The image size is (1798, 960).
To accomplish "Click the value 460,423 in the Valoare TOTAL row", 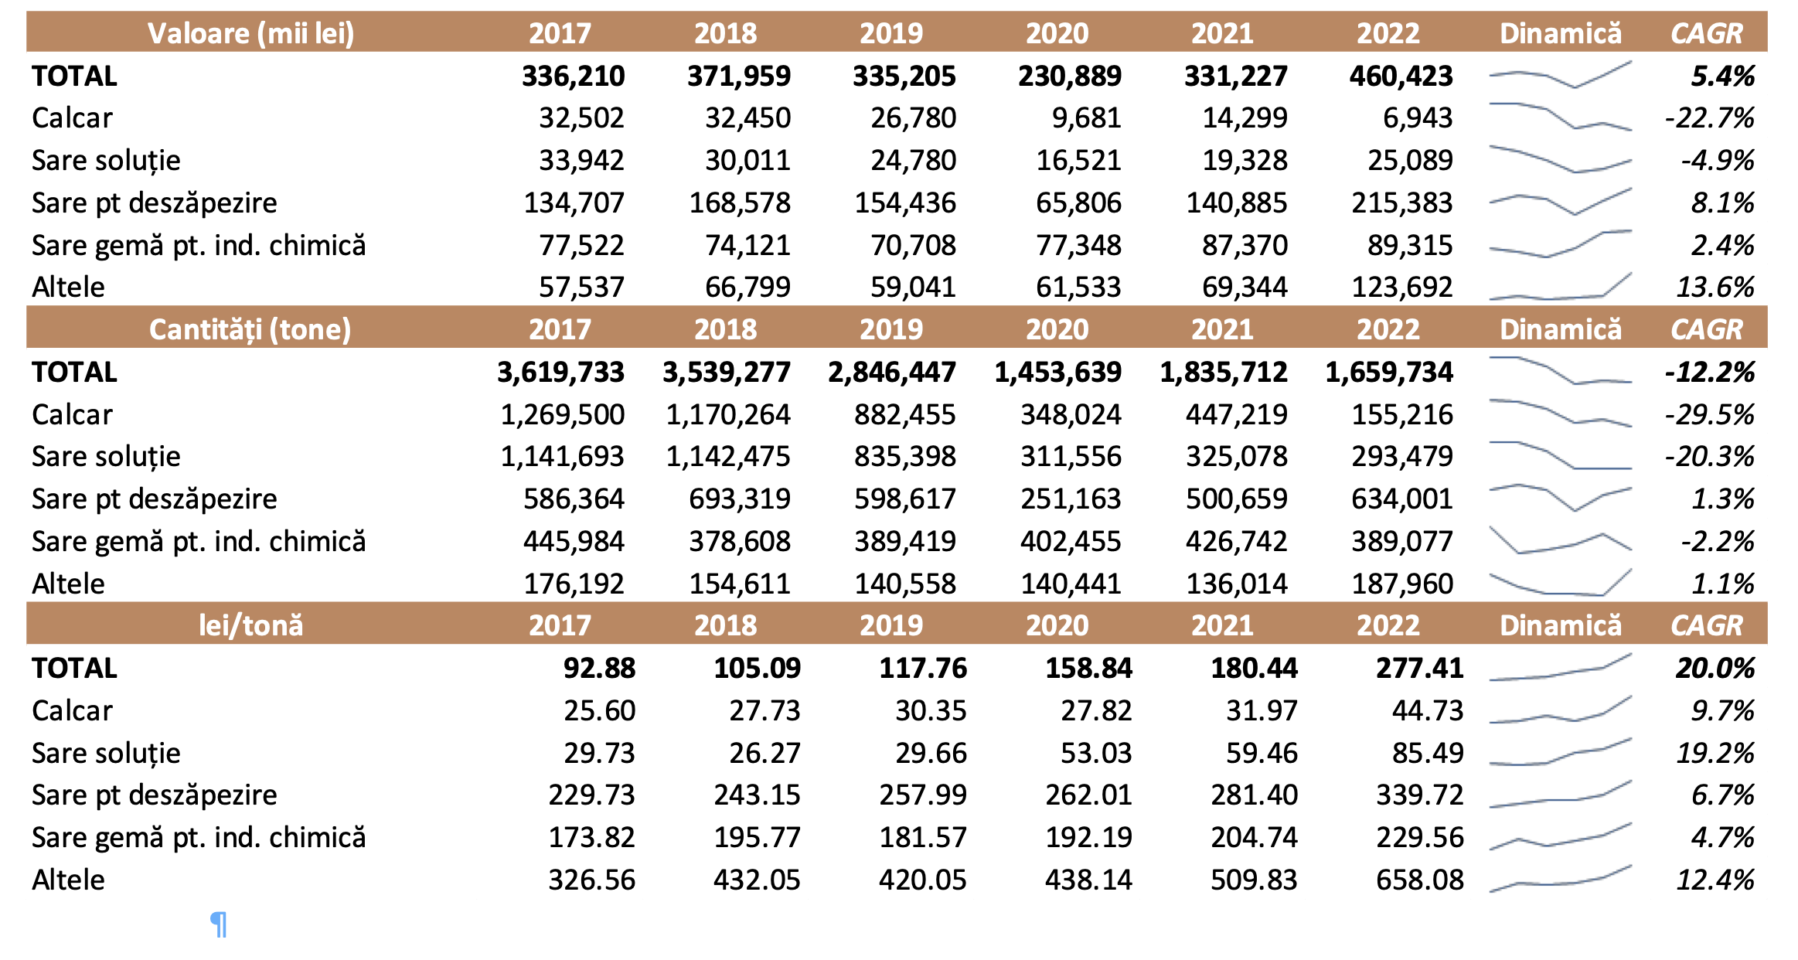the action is [1401, 76].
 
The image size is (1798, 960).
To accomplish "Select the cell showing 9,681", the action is [1086, 118].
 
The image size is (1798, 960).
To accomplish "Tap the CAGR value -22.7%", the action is [1709, 118].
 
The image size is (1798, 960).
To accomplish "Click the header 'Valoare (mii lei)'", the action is [250, 33].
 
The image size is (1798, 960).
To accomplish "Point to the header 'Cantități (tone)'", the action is [250, 330].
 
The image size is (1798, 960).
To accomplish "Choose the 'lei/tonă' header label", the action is [250, 625].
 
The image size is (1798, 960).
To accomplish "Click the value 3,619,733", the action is [560, 373].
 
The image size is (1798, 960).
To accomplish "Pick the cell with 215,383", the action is [1402, 203].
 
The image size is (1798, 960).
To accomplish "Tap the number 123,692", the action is [1402, 288].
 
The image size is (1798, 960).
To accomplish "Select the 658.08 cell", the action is [1420, 880].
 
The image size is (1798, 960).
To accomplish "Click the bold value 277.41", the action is [1420, 669].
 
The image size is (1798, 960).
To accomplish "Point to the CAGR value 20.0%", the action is [1715, 669].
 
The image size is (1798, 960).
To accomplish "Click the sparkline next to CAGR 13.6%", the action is [1561, 287].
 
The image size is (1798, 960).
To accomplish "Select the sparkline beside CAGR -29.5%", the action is [1561, 413].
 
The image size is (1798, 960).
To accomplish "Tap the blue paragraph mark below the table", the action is [219, 924].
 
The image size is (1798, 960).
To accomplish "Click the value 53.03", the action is [1096, 754].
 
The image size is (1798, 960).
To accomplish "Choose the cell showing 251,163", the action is [1071, 499].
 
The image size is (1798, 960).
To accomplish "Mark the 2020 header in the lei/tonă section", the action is [1057, 625].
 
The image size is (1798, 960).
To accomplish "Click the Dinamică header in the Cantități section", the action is [1561, 330].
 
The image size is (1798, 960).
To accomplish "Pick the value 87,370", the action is [1245, 246].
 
